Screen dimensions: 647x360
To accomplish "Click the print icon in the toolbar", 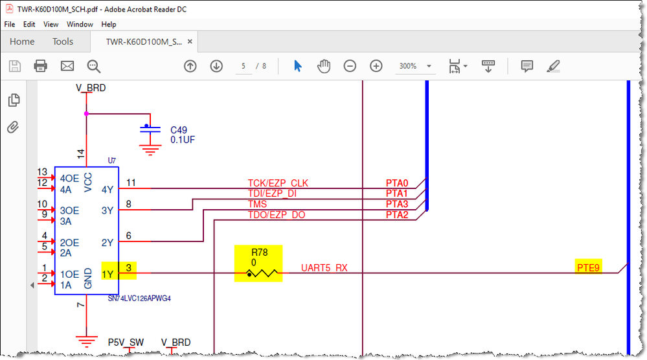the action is coord(40,66).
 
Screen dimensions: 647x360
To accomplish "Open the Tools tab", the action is coord(63,41).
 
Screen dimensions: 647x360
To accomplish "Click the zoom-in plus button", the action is coord(376,66).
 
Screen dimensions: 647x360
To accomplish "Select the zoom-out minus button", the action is coord(350,66).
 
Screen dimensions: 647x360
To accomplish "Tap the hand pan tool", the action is coord(324,66).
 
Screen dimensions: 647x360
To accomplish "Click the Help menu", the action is coord(109,25).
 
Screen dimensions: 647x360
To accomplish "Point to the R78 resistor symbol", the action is coord(262,273).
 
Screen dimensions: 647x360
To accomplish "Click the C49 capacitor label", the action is coord(179,130).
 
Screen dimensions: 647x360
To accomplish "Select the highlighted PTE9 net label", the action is coord(588,268).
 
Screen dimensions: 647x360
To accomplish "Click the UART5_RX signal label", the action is coord(324,268).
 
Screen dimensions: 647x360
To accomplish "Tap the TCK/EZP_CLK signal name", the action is coord(278,183).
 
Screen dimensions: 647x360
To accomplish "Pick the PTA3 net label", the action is coord(397,204).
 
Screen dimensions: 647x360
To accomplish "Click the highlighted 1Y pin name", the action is coord(108,275).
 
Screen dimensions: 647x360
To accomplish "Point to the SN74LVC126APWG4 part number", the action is coord(139,298).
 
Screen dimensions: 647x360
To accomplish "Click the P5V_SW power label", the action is coord(126,343).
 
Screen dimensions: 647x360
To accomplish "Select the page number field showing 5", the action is coord(244,66).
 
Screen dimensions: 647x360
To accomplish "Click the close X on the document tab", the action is coord(190,41).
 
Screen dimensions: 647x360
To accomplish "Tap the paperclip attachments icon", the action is coord(13,127).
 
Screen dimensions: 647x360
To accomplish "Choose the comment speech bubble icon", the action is coord(527,66).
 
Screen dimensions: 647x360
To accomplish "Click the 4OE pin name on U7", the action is coord(69,179).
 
